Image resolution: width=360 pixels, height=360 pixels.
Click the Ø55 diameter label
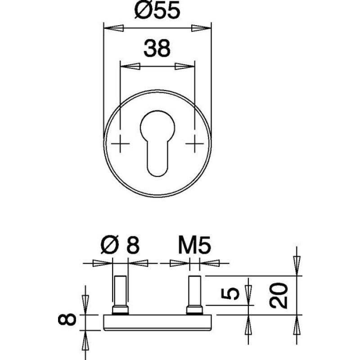157,10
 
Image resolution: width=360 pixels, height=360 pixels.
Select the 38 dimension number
157,48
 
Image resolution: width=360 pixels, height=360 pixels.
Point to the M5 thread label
194,245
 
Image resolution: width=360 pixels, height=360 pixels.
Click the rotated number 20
279,295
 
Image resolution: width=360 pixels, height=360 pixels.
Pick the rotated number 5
230,293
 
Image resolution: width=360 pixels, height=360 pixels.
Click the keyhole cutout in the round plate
157,144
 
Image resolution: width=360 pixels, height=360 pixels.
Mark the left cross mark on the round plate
120,144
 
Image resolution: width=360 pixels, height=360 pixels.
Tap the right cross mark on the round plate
195,144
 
